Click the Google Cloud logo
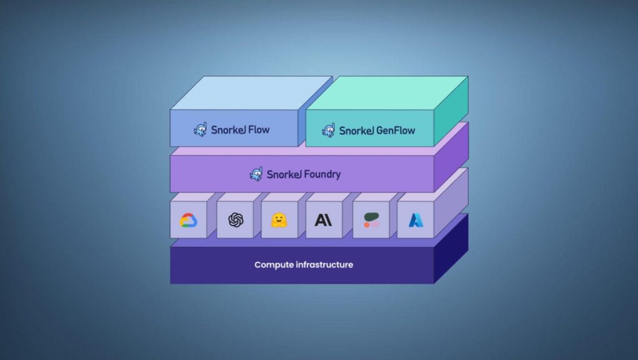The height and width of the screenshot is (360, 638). [x=188, y=220]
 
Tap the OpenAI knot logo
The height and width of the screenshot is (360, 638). [x=236, y=220]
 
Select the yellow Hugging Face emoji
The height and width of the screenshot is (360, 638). [x=279, y=220]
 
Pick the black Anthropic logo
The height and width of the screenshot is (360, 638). [x=324, y=220]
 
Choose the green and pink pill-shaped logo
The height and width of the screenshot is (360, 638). [x=371, y=220]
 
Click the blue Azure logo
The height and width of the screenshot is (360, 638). [x=416, y=220]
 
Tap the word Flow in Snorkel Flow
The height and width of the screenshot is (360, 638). [x=259, y=130]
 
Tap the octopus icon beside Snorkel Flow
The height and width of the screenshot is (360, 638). [x=200, y=129]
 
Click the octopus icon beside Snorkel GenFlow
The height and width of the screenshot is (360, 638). [x=328, y=130]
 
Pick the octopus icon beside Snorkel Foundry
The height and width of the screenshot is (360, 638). [x=256, y=174]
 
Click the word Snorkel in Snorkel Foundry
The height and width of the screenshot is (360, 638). [x=284, y=174]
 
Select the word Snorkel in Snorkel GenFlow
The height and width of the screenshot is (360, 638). [x=356, y=131]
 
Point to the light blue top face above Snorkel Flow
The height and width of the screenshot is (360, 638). [x=251, y=92]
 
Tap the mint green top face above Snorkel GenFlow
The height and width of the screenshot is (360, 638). [x=387, y=92]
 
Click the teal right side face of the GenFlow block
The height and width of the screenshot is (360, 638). [x=451, y=111]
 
